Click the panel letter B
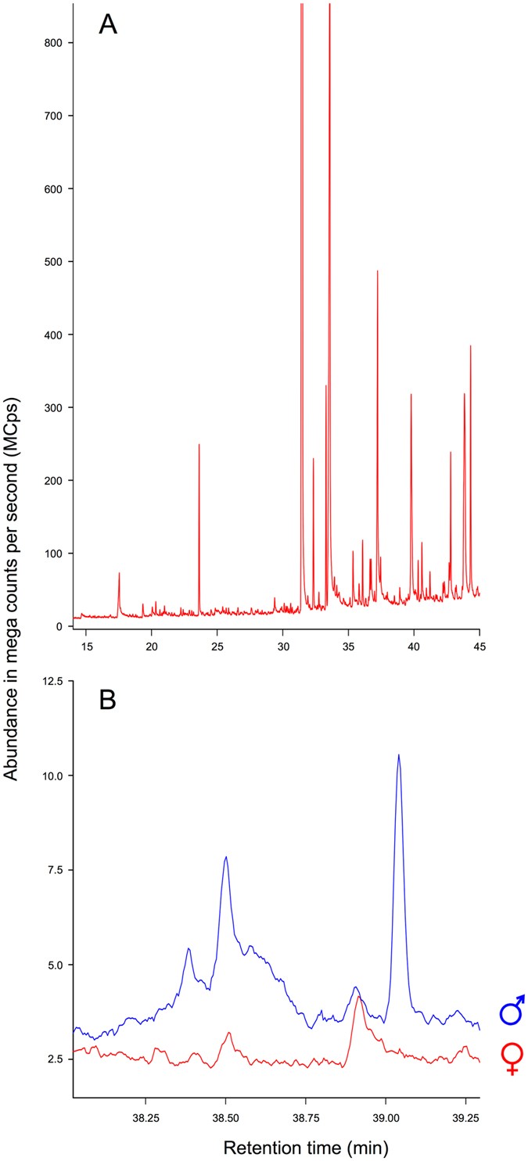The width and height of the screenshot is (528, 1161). point(108,700)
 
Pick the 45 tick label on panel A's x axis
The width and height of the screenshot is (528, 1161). point(479,647)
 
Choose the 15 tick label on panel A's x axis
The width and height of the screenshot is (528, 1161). point(86,647)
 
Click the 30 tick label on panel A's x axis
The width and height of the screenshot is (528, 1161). point(282,647)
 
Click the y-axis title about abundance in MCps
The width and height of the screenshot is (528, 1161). point(13,586)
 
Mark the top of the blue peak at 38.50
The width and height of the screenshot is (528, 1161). point(226,857)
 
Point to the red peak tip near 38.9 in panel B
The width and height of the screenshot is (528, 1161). point(358,997)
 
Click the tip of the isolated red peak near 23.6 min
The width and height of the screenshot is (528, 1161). point(199,445)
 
